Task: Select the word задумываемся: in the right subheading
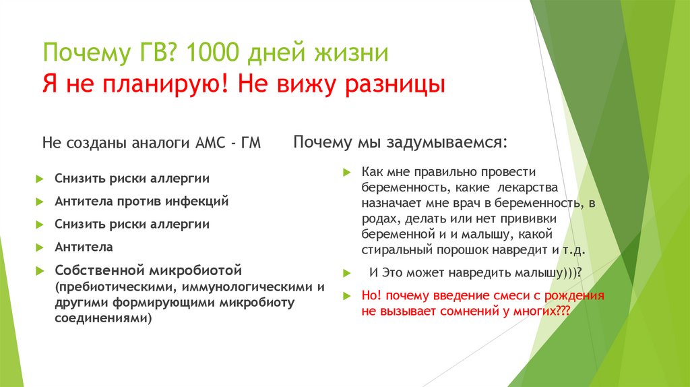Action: tap(445, 143)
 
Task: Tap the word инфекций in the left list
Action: tap(200, 201)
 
